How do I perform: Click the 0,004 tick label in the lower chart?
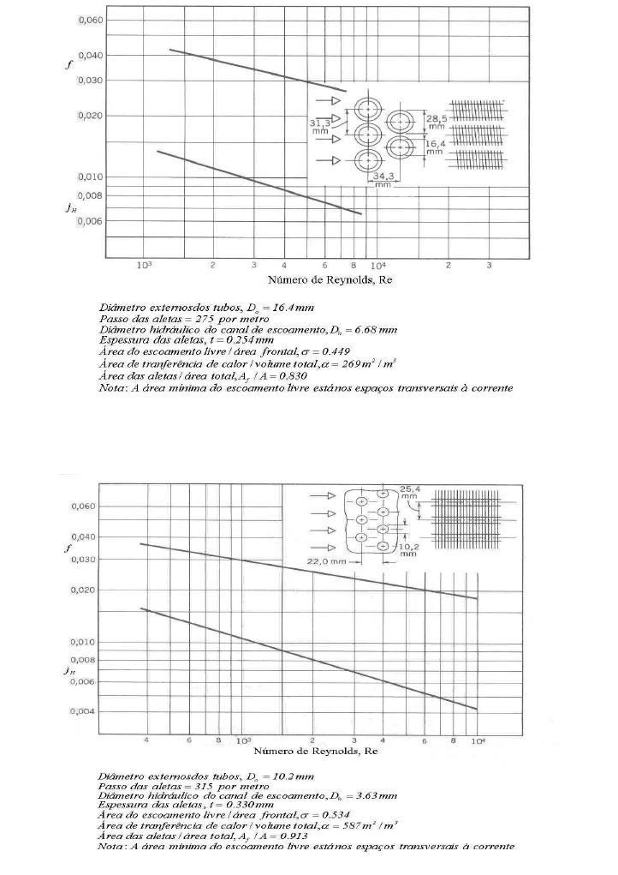click(x=82, y=711)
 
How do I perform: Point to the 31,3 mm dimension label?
click(x=320, y=127)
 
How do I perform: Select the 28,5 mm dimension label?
click(x=437, y=121)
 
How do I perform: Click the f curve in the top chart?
click(x=257, y=70)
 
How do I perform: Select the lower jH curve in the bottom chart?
click(x=308, y=660)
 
